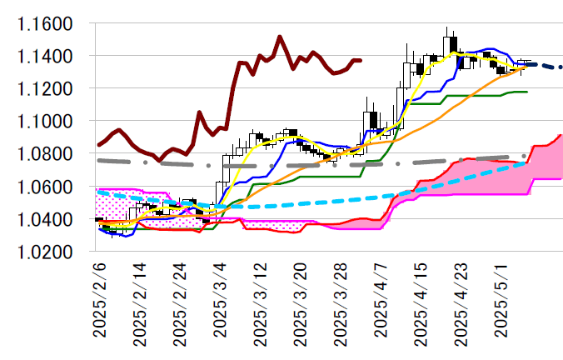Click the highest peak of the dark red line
pos(279,37)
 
